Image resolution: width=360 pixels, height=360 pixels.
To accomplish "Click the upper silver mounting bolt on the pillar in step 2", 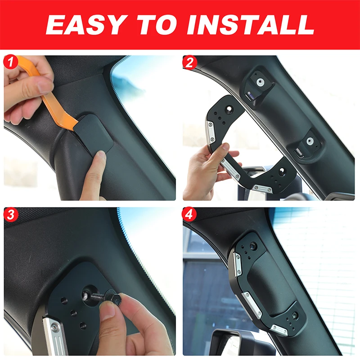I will (x=260, y=82).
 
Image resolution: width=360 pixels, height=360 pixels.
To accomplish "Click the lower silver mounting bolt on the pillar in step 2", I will (x=310, y=141).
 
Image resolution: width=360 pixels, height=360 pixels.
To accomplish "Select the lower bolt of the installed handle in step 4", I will (x=294, y=316).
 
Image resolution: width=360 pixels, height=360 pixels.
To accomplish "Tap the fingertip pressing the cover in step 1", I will (x=100, y=157).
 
